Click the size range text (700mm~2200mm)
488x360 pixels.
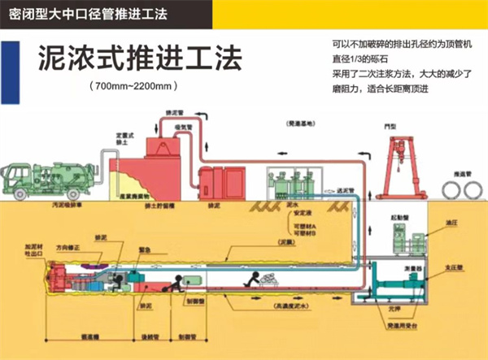coord(133,85)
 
